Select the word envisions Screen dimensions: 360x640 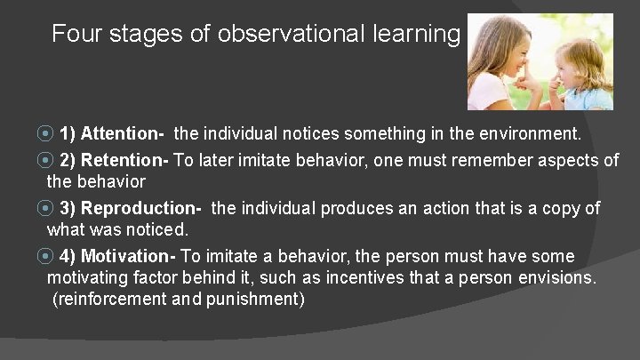[x=560, y=277]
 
